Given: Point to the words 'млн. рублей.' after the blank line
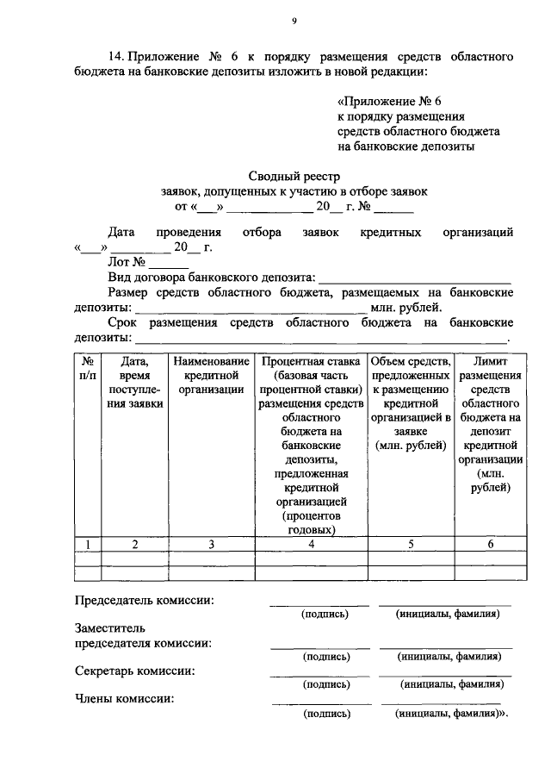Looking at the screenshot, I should pos(406,308).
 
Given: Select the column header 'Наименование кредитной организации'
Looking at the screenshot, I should pos(211,376).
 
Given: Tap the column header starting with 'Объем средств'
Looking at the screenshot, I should pos(410,403).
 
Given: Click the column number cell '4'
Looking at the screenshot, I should pos(311,543).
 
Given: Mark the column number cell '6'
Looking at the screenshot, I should pos(490,543).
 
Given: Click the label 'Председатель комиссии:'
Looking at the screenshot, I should pos(145,600).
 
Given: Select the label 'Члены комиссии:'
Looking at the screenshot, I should pos(124,699).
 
